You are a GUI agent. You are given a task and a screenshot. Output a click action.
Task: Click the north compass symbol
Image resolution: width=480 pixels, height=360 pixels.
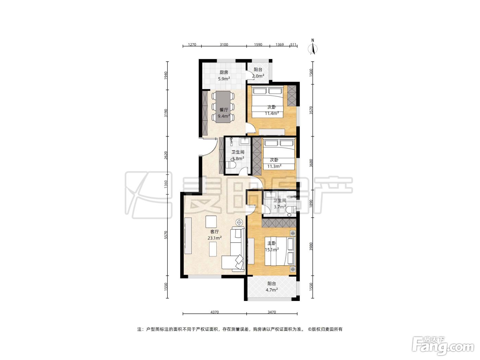click(x=313, y=47)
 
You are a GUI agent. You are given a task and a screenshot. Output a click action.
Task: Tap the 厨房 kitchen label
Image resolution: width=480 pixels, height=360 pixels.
click(x=224, y=72)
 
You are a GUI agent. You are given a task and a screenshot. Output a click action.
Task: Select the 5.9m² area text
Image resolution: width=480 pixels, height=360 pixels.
click(x=224, y=79)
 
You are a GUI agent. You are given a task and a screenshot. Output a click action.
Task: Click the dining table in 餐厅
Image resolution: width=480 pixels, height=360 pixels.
click(x=223, y=107)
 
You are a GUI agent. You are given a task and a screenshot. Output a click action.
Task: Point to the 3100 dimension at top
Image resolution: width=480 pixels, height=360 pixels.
click(x=224, y=45)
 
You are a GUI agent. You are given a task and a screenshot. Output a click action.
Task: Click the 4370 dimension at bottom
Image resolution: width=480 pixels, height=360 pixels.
click(x=215, y=312)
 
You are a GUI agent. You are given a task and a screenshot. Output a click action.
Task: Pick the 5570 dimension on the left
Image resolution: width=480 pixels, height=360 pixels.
click(x=166, y=235)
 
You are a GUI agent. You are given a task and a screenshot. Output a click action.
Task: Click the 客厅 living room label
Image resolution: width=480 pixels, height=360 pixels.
click(x=214, y=232)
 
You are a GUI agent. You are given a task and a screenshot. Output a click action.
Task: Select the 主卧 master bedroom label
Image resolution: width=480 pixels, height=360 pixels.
click(x=272, y=243)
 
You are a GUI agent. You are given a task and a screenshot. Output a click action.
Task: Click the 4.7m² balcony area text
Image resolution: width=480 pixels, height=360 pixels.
click(x=272, y=290)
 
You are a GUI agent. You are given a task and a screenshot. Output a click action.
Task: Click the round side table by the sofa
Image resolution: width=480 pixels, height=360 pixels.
click(x=239, y=223)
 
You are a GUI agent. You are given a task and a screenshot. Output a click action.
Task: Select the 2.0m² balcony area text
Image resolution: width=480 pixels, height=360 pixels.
click(x=258, y=76)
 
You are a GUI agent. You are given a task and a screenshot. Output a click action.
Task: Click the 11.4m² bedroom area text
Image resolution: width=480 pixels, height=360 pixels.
click(x=272, y=113)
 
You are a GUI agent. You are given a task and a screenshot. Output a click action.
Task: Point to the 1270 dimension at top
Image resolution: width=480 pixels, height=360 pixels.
click(x=192, y=45)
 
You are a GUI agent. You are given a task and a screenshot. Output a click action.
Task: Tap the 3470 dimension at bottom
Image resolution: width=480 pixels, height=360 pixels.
click(x=272, y=312)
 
